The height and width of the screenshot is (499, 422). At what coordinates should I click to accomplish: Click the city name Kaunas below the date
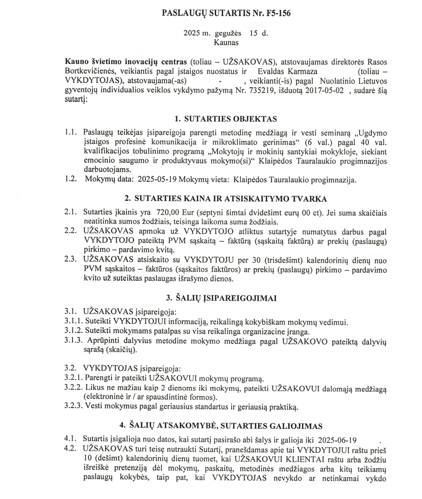226,42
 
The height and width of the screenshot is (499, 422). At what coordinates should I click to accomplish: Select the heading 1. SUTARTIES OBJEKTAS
226,118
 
